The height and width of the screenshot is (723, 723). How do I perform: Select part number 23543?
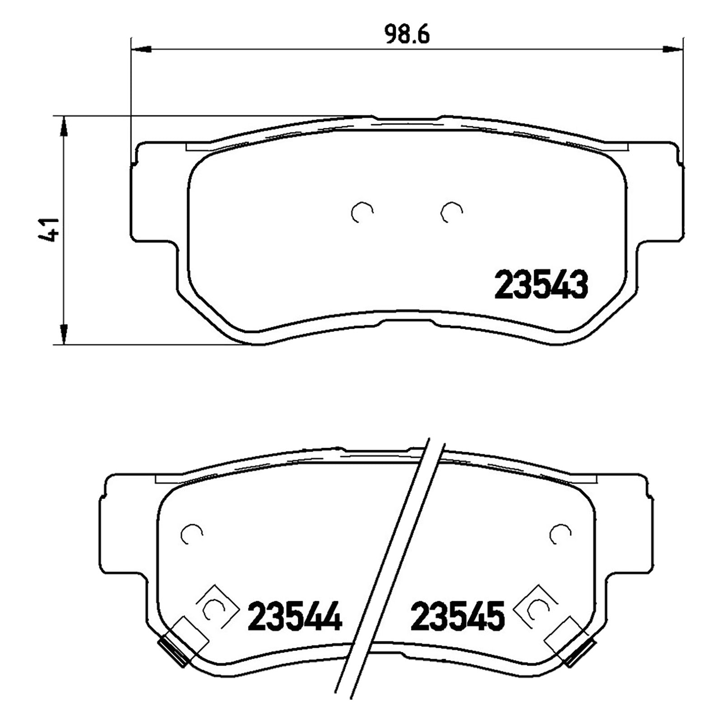[541, 284]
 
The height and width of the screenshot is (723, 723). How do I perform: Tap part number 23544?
[295, 615]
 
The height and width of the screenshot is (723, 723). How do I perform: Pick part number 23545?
[457, 615]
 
